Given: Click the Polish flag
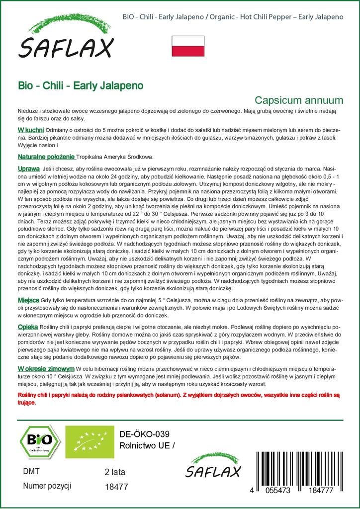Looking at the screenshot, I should (x=188, y=46).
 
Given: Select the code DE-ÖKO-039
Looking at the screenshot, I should (x=141, y=433).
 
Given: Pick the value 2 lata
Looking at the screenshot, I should (x=115, y=472).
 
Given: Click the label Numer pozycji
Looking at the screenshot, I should (x=48, y=486).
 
